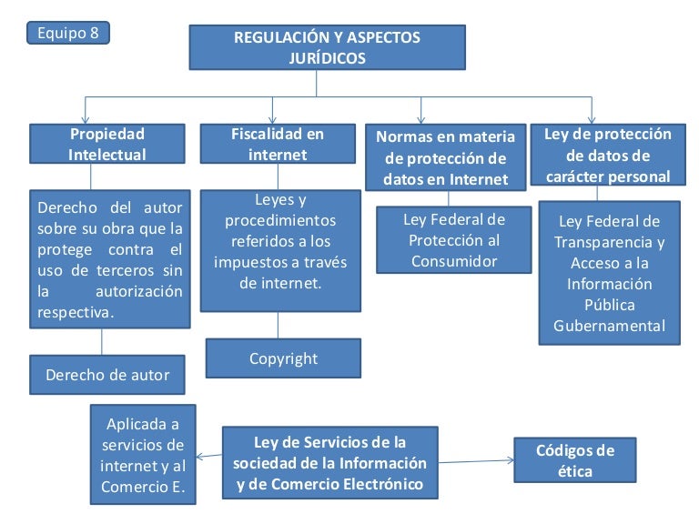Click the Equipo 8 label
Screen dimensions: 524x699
[x=68, y=33]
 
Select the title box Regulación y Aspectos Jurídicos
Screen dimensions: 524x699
[x=327, y=47]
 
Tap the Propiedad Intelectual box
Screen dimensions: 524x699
[x=106, y=144]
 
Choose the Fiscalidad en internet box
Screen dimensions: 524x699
[x=278, y=144]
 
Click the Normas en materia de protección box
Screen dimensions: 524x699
[x=445, y=157]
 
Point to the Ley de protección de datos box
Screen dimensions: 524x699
[x=608, y=155]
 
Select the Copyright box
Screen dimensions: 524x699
[x=283, y=358]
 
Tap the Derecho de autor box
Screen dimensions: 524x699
[x=107, y=374]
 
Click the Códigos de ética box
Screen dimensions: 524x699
[x=575, y=460]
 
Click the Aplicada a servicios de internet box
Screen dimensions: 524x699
[x=143, y=455]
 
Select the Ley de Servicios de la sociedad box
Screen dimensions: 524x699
[x=329, y=462]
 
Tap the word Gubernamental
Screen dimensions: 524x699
[x=610, y=325]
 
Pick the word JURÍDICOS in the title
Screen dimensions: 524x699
[x=327, y=57]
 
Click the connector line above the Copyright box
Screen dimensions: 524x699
[x=279, y=326]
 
